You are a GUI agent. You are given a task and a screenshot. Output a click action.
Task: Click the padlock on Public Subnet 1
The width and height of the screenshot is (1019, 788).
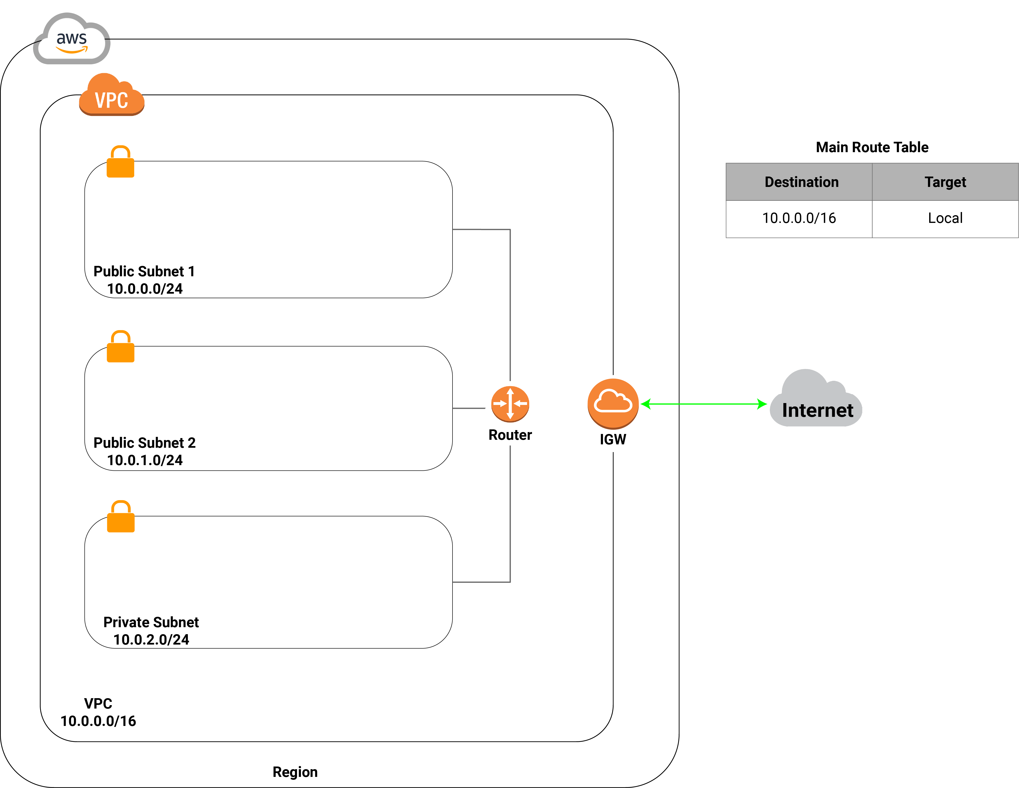120,161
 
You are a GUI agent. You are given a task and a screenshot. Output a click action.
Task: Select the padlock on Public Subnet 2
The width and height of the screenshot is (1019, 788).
120,346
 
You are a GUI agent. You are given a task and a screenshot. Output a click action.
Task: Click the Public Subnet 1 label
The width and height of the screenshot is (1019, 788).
144,271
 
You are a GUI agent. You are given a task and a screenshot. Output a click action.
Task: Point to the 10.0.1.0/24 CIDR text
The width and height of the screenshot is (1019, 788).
145,460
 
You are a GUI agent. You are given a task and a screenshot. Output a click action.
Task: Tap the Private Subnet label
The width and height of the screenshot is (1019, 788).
151,622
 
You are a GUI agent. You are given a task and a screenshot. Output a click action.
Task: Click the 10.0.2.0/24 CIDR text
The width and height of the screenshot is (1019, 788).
151,639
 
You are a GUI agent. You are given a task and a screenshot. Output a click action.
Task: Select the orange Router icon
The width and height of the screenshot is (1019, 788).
510,404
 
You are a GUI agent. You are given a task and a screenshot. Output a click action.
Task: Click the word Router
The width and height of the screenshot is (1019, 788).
510,435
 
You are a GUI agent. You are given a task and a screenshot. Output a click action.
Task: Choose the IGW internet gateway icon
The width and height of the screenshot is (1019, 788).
613,404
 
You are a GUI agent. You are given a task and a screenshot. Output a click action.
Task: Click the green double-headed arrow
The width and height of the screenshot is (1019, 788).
704,404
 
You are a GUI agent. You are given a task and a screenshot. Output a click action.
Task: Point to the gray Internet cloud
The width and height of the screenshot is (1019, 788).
816,398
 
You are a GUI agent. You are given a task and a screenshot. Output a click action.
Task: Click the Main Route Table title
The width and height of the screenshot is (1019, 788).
872,147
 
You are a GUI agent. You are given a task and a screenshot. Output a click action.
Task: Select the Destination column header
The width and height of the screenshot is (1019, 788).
802,182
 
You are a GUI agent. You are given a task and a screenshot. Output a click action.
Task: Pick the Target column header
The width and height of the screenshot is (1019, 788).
945,182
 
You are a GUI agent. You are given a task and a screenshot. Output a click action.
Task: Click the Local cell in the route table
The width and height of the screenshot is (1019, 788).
945,218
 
